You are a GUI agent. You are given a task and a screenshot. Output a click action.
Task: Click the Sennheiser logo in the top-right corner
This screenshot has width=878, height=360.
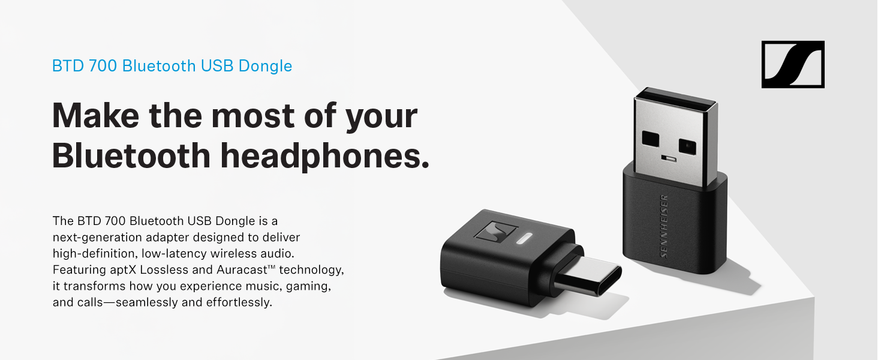[x=792, y=64]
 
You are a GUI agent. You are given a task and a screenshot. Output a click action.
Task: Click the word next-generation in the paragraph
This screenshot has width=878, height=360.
[x=92, y=238]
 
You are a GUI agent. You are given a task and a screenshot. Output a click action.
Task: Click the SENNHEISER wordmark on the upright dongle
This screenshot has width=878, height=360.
[x=664, y=226]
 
